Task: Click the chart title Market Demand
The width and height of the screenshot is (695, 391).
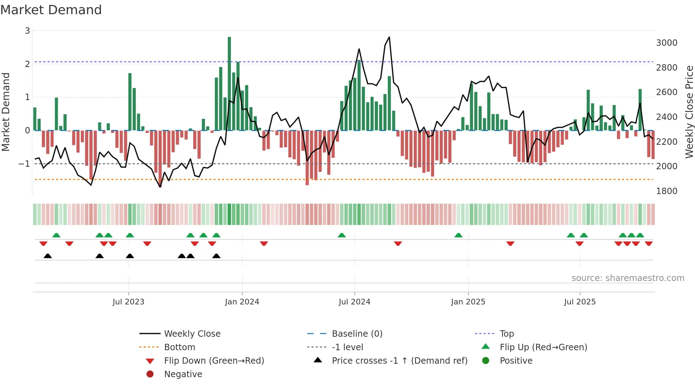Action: (51, 10)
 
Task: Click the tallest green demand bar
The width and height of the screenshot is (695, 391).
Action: (229, 83)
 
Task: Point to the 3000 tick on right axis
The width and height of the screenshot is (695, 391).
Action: (666, 43)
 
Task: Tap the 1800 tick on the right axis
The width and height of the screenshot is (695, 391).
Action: (666, 191)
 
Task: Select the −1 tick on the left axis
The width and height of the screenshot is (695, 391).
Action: (24, 164)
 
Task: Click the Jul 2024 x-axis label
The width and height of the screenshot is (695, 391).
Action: (354, 302)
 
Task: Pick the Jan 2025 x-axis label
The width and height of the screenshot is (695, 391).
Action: (468, 302)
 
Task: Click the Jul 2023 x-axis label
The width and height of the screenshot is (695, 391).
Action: (128, 302)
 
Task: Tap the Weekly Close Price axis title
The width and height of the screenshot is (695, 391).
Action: (689, 112)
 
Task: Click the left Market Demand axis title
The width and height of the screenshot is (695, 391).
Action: (6, 112)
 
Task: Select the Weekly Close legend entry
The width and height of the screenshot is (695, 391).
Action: (192, 334)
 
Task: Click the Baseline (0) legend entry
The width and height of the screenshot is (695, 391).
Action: (357, 334)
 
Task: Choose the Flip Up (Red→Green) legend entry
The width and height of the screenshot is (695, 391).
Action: (543, 347)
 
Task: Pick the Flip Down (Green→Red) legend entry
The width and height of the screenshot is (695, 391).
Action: (214, 361)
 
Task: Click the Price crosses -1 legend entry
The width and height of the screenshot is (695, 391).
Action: (399, 361)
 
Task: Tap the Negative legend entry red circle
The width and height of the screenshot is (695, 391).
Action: (150, 374)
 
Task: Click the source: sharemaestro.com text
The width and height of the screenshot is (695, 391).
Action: (628, 278)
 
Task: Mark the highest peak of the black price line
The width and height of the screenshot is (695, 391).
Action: (389, 37)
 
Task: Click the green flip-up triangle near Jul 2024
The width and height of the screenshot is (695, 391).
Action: (341, 235)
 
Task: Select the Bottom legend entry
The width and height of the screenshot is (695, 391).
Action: (179, 347)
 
